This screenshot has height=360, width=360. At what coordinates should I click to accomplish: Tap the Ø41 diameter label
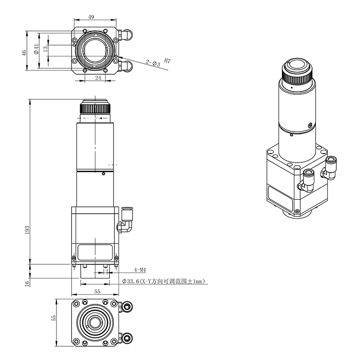pos(36,49)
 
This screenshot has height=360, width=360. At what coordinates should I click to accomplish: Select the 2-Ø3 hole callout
pos(152,63)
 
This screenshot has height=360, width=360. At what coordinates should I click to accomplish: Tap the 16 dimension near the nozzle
pos(27,283)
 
